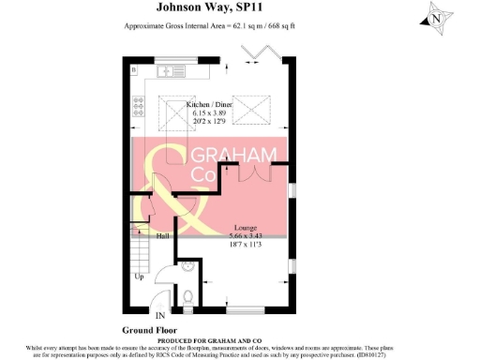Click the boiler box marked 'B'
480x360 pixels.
click(133, 69)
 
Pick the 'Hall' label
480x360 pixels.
click(161, 236)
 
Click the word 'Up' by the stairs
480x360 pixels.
click(140, 277)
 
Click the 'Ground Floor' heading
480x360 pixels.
click(150, 330)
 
